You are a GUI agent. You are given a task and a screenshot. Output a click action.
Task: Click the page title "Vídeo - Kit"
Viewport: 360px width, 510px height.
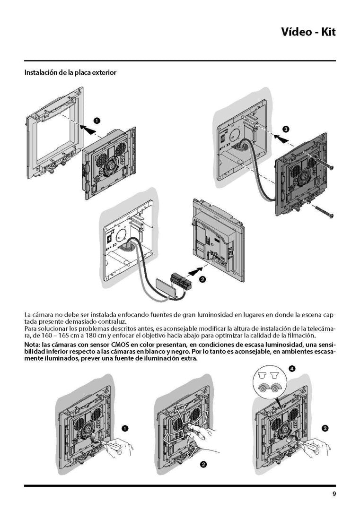click(x=308, y=32)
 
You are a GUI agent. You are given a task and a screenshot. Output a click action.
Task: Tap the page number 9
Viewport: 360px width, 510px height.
click(x=334, y=494)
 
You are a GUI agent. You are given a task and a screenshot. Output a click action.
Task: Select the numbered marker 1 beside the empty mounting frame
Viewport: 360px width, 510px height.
click(x=97, y=121)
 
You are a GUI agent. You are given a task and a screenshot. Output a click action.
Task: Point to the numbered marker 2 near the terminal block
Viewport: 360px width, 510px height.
click(x=202, y=279)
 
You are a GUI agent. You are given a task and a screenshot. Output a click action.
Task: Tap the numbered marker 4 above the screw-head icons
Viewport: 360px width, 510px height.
click(x=292, y=368)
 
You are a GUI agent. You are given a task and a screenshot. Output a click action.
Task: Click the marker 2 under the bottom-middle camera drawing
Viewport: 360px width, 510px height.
click(x=203, y=464)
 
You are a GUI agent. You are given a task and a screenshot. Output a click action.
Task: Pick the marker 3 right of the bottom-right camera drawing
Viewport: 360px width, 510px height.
click(x=325, y=428)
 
